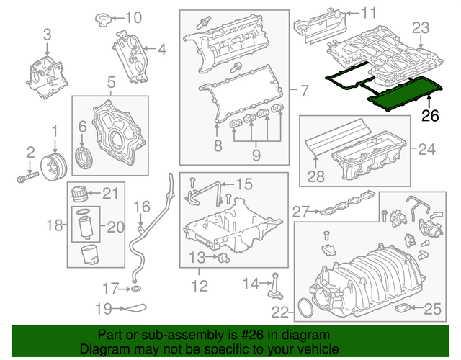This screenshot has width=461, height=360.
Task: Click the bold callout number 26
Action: (430, 116)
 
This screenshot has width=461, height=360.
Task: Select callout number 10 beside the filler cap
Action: (134, 17)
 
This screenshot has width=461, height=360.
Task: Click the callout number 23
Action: (420, 28)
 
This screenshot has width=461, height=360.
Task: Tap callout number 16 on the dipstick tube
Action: (141, 207)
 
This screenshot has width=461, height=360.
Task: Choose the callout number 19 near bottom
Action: (105, 309)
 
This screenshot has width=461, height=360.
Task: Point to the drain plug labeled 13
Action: (225, 256)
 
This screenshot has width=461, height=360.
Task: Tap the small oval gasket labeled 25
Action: (408, 310)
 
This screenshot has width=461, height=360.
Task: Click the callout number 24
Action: (427, 150)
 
